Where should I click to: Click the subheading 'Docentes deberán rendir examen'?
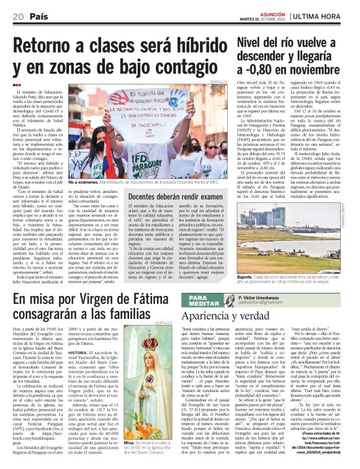(x=168, y=197)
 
